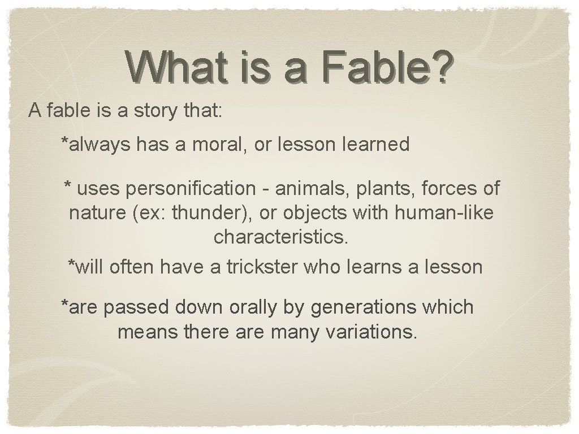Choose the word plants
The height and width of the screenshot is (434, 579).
pyautogui.click(x=378, y=188)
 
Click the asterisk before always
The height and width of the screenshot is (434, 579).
pyautogui.click(x=65, y=141)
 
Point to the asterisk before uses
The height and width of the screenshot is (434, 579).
pyautogui.click(x=68, y=185)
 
